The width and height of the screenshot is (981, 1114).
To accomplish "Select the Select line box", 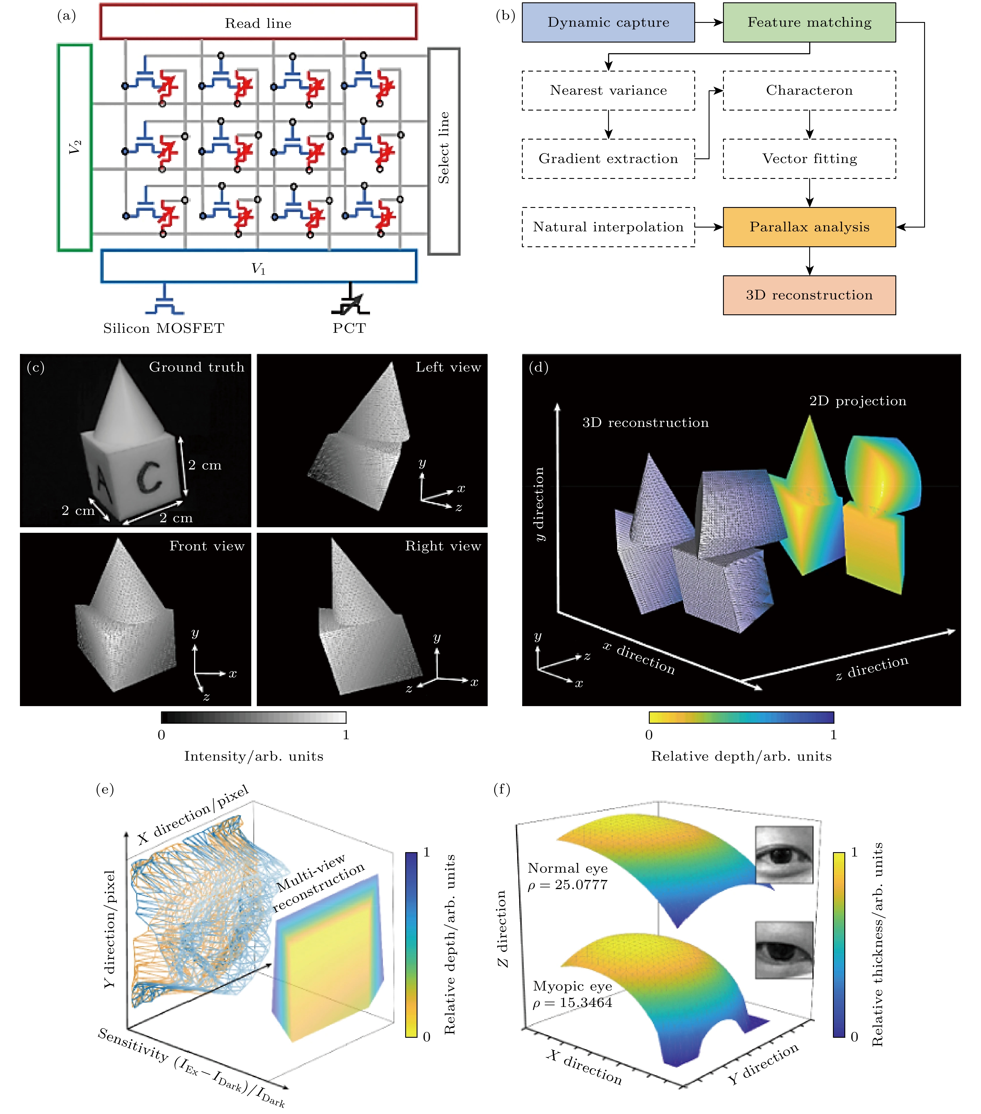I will pyautogui.click(x=444, y=151).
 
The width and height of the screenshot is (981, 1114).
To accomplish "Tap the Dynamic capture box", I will pyautogui.click(x=608, y=22).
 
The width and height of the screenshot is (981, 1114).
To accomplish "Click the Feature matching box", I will pyautogui.click(x=809, y=22).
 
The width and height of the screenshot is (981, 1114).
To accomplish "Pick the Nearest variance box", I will pyautogui.click(x=608, y=91).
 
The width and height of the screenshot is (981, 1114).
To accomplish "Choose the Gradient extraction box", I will pyautogui.click(x=608, y=159).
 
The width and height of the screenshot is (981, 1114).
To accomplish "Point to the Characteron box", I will pyautogui.click(x=809, y=91).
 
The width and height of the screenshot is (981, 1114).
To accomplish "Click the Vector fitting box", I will pyautogui.click(x=809, y=159).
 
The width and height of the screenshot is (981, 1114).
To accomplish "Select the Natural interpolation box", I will pyautogui.click(x=608, y=227).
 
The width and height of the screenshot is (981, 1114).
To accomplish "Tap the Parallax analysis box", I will pyautogui.click(x=809, y=227).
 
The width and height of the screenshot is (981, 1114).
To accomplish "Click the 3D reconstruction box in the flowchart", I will pyautogui.click(x=809, y=295).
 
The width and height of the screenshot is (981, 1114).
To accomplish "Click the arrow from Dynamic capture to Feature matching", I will pyautogui.click(x=709, y=22).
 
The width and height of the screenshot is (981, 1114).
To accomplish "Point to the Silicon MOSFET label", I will pyautogui.click(x=164, y=328).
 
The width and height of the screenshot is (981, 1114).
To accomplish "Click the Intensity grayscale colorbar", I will pyautogui.click(x=253, y=717).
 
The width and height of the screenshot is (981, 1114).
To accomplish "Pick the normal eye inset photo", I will pyautogui.click(x=784, y=854).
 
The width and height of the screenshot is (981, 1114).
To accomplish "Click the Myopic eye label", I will pyautogui.click(x=572, y=986).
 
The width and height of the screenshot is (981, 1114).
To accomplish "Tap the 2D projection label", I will pyautogui.click(x=857, y=401).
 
